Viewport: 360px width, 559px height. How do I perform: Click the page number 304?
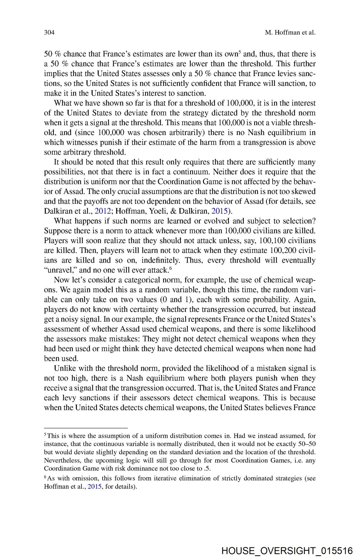(x=49, y=32)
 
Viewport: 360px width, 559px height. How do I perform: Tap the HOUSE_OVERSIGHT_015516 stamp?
(x=287, y=551)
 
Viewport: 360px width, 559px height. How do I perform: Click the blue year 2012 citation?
(x=103, y=211)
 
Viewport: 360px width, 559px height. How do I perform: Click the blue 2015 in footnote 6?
(x=94, y=487)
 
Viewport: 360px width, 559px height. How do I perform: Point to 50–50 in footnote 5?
(x=308, y=444)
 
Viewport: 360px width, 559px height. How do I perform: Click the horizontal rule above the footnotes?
(x=86, y=428)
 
